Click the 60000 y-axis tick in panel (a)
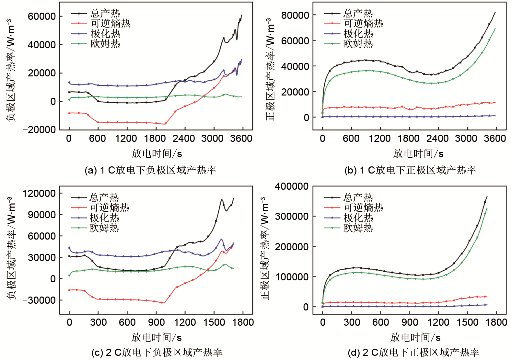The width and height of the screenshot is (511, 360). pos(42,16)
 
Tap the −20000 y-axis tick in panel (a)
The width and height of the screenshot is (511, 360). pos(40,130)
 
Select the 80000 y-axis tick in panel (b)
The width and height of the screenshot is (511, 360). pos(295,15)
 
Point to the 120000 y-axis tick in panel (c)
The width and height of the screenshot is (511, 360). pos(39,194)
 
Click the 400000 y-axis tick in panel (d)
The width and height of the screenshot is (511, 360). pos(292,186)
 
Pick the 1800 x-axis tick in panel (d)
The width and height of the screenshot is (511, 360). pos(496,322)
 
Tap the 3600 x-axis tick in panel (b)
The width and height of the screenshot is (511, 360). pos(495,139)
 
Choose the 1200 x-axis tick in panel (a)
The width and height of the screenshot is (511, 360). pos(126,139)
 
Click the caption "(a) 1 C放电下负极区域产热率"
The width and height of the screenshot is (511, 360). pos(150,170)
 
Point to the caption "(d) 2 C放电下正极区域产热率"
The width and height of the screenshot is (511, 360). pos(413,352)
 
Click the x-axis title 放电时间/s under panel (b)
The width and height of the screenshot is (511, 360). pos(418,153)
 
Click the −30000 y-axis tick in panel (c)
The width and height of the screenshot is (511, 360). pos(39,300)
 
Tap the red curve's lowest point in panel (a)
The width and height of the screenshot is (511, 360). pos(165,124)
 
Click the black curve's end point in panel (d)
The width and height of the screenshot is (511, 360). pos(487,197)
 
